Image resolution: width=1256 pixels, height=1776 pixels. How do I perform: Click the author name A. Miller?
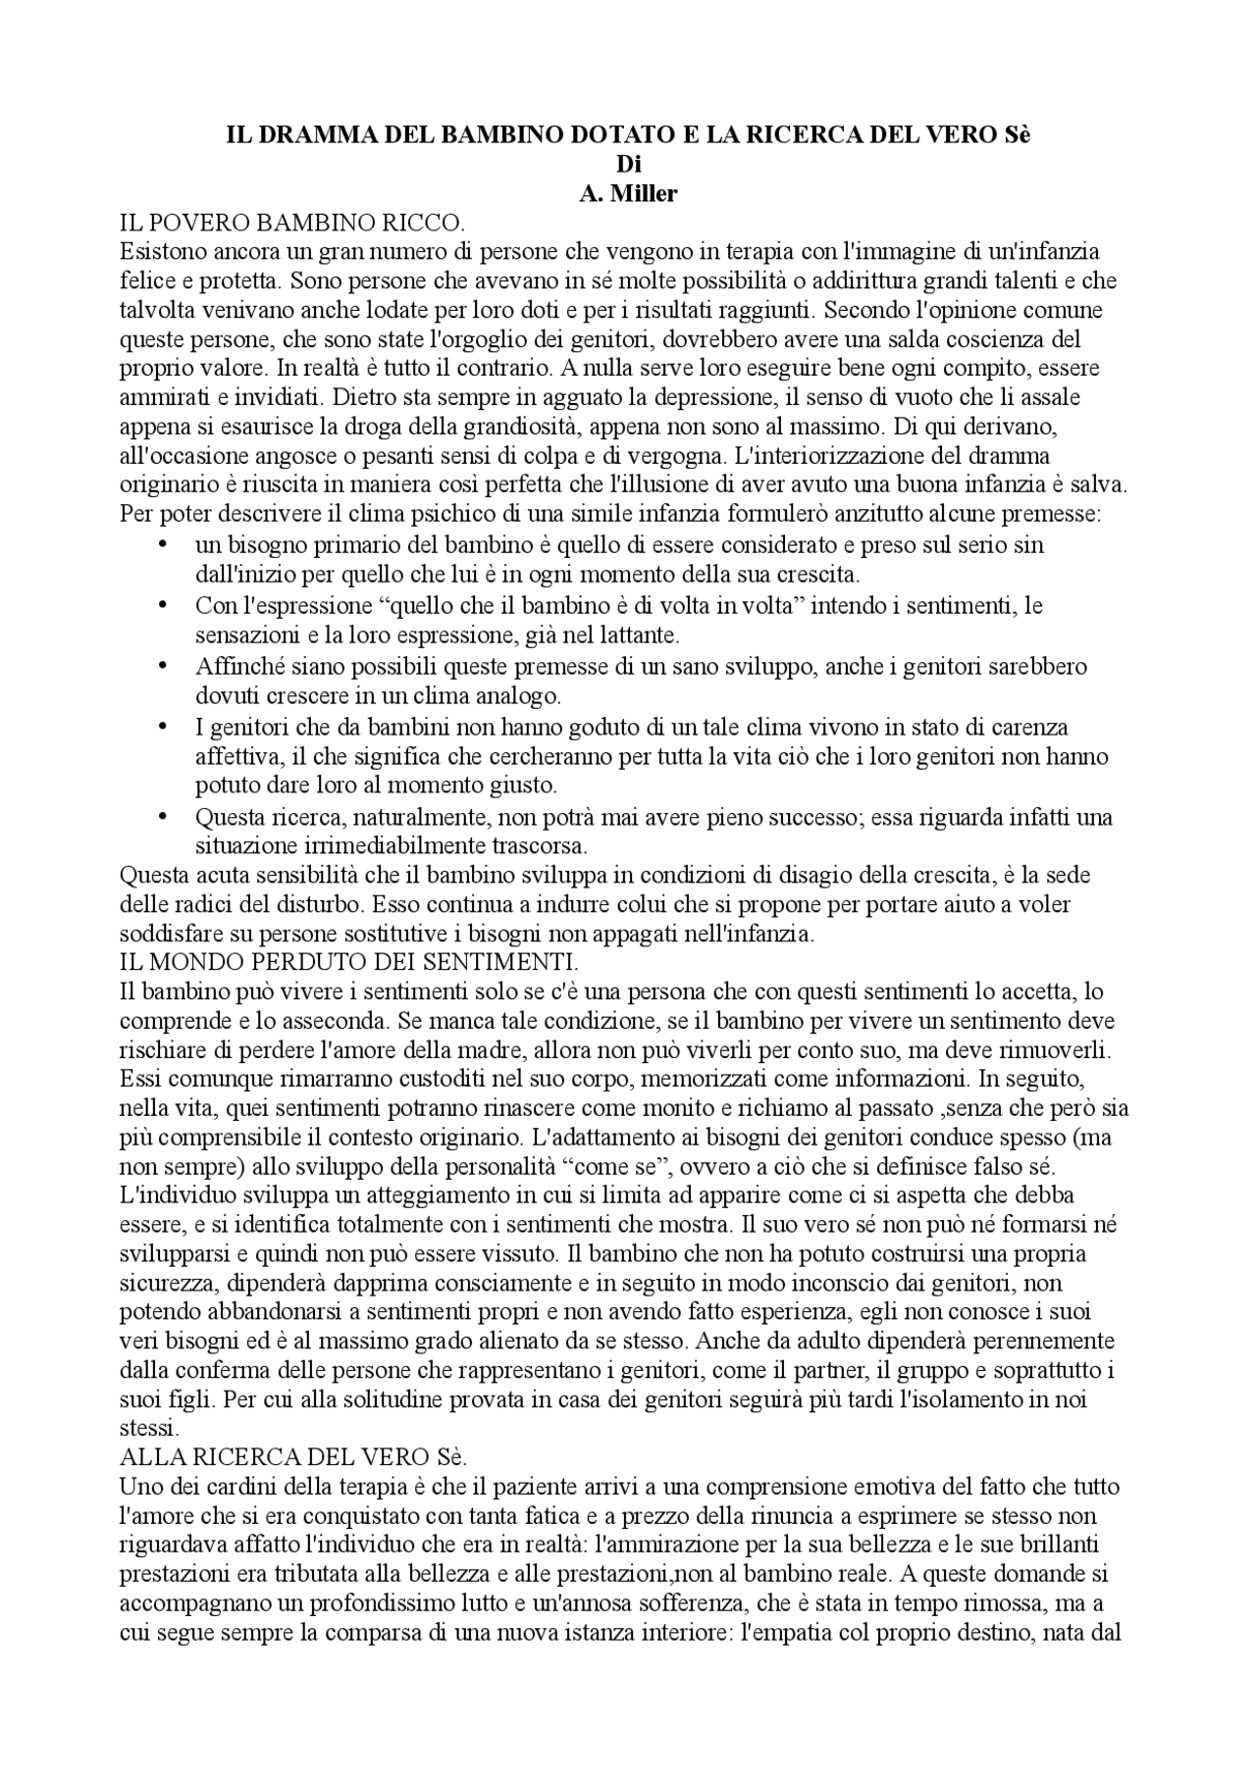click(628, 194)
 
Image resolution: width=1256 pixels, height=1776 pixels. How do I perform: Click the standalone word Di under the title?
click(628, 165)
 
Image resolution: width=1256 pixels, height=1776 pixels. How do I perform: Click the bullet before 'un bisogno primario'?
click(163, 544)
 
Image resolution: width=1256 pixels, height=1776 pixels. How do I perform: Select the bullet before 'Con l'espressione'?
click(163, 605)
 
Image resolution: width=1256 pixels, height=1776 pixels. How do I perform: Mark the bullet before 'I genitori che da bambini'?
click(163, 728)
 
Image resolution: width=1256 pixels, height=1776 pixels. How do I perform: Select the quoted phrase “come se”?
click(611, 1168)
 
